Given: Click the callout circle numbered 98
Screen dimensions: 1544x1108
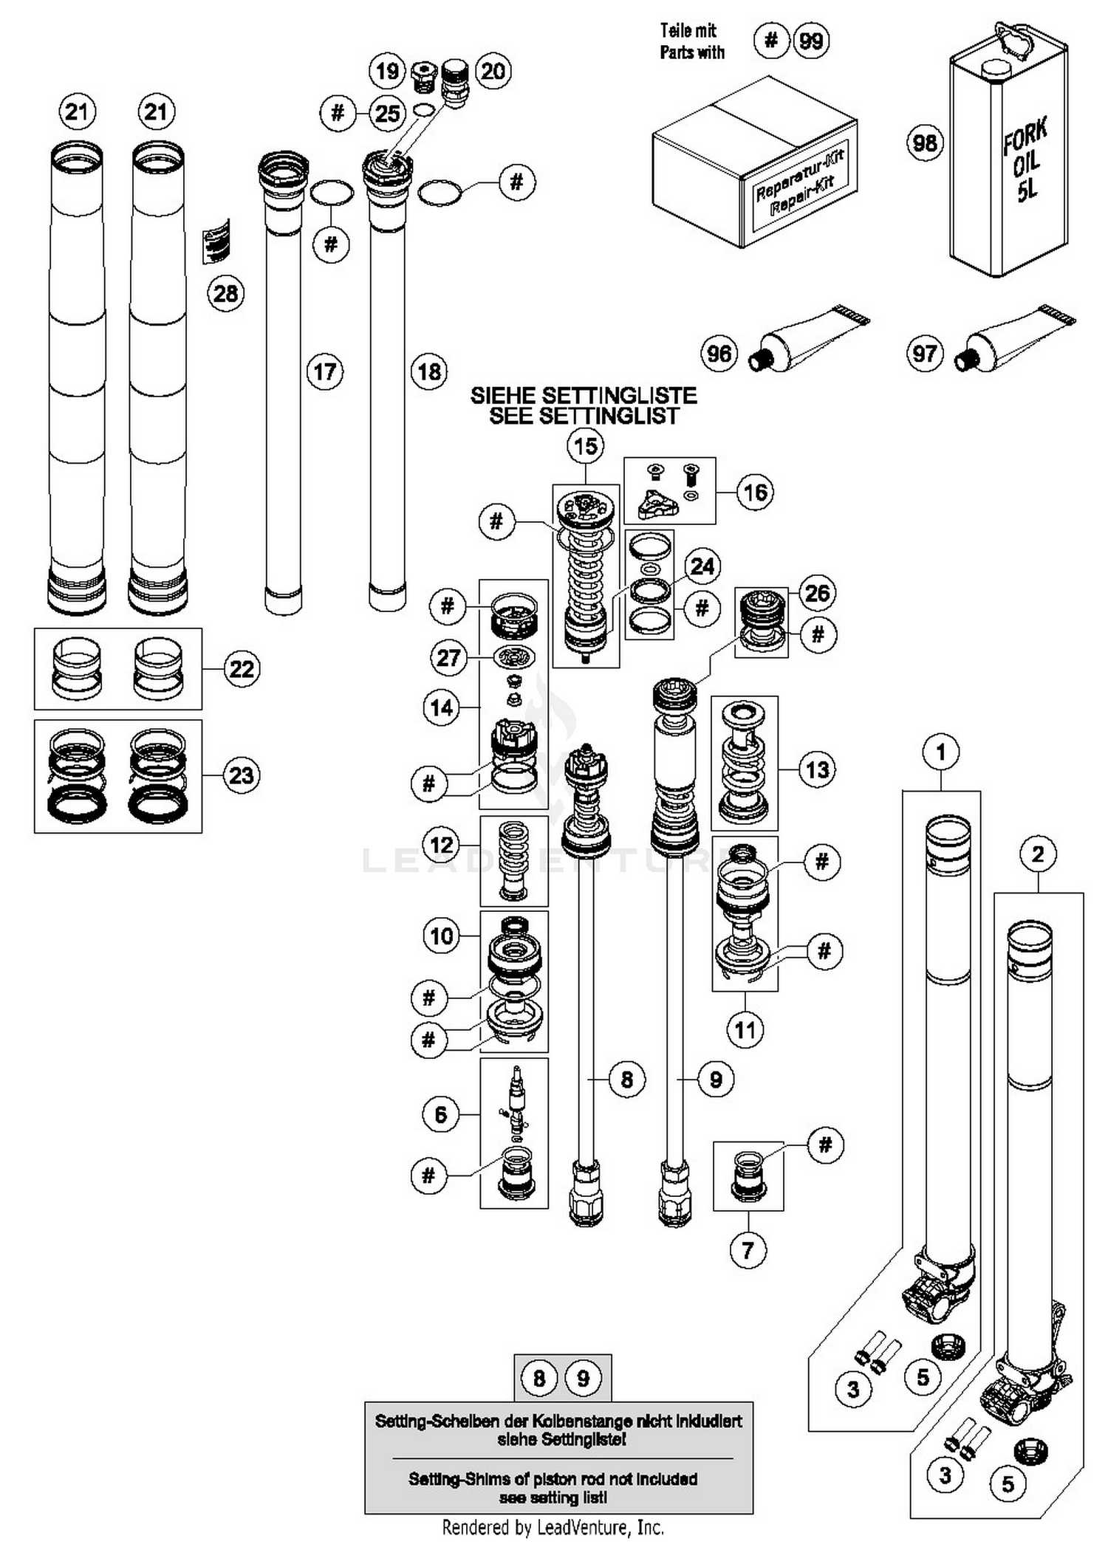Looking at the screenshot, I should point(925,143).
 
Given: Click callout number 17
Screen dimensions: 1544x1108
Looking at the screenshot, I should point(325,371).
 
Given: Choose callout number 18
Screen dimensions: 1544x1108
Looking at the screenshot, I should point(429,371).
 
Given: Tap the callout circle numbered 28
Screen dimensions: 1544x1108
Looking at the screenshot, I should point(225,293).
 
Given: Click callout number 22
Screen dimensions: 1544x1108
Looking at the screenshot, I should point(242,669).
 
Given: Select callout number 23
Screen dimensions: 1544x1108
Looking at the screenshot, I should point(242,775).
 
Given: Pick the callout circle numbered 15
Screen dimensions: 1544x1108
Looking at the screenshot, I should point(585,446).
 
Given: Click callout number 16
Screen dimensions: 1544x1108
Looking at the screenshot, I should point(755,492).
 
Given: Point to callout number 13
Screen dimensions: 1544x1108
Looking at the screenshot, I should point(817,769).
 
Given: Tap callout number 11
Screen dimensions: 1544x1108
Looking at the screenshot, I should point(745,1029).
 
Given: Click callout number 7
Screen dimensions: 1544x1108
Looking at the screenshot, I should point(748,1250).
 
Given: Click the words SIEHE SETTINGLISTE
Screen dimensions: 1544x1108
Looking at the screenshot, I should point(584,396).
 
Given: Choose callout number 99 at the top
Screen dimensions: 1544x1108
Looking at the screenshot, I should point(811,41).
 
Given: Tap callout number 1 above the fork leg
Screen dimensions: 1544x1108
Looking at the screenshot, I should point(940,752).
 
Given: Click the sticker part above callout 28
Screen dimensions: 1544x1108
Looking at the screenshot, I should point(216,241).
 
